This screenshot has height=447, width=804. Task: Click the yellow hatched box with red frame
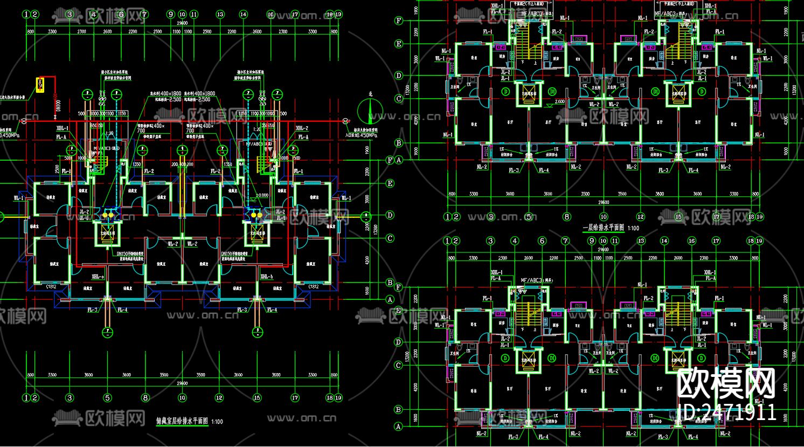click(40, 84)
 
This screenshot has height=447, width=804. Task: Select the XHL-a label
click(98, 277)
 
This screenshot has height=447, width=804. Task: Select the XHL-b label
click(266, 277)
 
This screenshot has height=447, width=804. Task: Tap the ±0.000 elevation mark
click(262, 195)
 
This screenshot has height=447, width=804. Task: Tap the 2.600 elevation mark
click(559, 101)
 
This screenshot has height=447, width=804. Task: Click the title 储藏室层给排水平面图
click(182, 421)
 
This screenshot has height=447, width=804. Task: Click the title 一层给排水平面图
click(604, 228)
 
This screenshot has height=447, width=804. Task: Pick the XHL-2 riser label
click(302, 128)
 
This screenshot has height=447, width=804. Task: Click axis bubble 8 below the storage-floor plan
click(145, 398)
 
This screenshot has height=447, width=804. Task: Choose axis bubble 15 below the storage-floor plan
click(257, 398)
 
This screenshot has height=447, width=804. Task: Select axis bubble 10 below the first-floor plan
click(604, 217)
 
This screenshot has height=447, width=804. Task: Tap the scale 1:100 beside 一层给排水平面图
click(633, 228)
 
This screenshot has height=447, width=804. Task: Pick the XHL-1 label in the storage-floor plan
click(62, 128)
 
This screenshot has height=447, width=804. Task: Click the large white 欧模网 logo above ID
click(726, 384)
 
